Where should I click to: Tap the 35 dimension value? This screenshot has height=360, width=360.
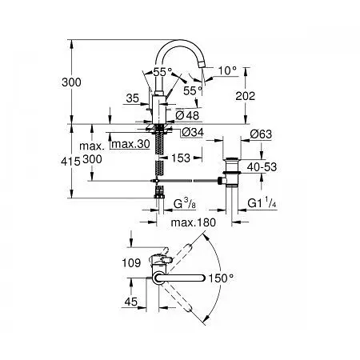pyautogui.click(x=133, y=99)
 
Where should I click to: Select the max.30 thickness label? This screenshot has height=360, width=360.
pyautogui.click(x=131, y=144)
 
